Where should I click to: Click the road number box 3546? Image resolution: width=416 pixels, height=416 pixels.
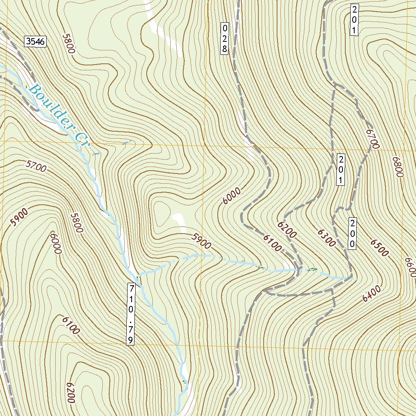(x=36, y=41)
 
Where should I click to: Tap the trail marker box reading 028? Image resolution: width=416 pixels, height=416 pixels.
(x=224, y=39)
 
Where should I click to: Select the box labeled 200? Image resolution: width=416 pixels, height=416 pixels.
(x=353, y=234)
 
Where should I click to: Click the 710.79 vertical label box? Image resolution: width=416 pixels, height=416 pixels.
(x=130, y=314)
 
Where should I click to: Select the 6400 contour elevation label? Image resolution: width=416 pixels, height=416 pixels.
(x=372, y=294)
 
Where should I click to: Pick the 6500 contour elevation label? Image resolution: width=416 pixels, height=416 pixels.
(x=379, y=247)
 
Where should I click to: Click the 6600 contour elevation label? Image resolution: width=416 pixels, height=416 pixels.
(x=410, y=267)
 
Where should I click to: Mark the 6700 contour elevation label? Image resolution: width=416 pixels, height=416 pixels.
(x=372, y=139)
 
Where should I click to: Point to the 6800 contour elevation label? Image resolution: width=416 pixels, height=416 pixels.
(x=397, y=167)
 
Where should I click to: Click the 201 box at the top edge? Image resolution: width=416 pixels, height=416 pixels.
(x=354, y=20)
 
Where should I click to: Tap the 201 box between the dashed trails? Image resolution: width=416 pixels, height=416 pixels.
(x=341, y=169)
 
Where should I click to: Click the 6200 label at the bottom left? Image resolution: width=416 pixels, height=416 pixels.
(x=70, y=392)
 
